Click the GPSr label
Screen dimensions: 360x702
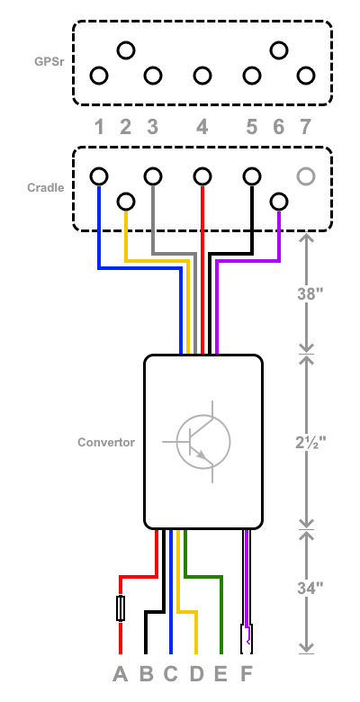click(x=49, y=61)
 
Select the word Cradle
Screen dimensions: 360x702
click(x=46, y=187)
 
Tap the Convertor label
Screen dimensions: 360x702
click(x=106, y=442)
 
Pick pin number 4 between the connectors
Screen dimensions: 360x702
click(x=202, y=128)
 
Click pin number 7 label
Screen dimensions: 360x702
click(x=305, y=128)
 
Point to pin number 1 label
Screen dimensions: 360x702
click(x=99, y=128)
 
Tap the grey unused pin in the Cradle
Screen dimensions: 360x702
click(x=306, y=176)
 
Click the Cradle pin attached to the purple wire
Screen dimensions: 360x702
click(x=279, y=202)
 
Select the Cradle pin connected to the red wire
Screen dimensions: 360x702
click(x=202, y=176)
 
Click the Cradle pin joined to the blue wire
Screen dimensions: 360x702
click(x=99, y=176)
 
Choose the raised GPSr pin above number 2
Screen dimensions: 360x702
click(x=126, y=50)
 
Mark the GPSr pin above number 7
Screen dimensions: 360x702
click(x=306, y=76)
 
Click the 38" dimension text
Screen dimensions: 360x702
click(x=310, y=294)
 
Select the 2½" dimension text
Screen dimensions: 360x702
click(x=310, y=443)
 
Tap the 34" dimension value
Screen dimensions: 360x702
click(x=310, y=588)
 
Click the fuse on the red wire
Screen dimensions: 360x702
click(x=121, y=608)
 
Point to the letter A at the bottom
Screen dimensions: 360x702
click(x=120, y=674)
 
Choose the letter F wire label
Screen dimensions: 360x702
click(x=247, y=674)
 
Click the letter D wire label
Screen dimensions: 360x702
click(x=196, y=674)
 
